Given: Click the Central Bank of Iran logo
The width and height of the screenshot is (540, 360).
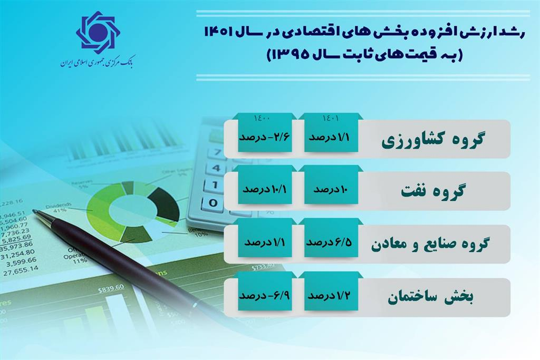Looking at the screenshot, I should [x=98, y=35].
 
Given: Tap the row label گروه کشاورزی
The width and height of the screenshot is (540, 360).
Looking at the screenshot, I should [x=432, y=140].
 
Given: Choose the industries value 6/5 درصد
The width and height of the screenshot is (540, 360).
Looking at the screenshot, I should [x=329, y=243].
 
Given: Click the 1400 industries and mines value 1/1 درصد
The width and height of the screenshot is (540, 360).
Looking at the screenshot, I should [x=262, y=243].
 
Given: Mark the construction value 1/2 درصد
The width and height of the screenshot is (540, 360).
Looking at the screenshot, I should [x=329, y=296].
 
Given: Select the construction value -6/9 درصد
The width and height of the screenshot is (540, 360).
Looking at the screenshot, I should [x=262, y=296].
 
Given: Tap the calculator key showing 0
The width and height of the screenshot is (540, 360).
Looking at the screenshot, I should [x=213, y=202].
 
